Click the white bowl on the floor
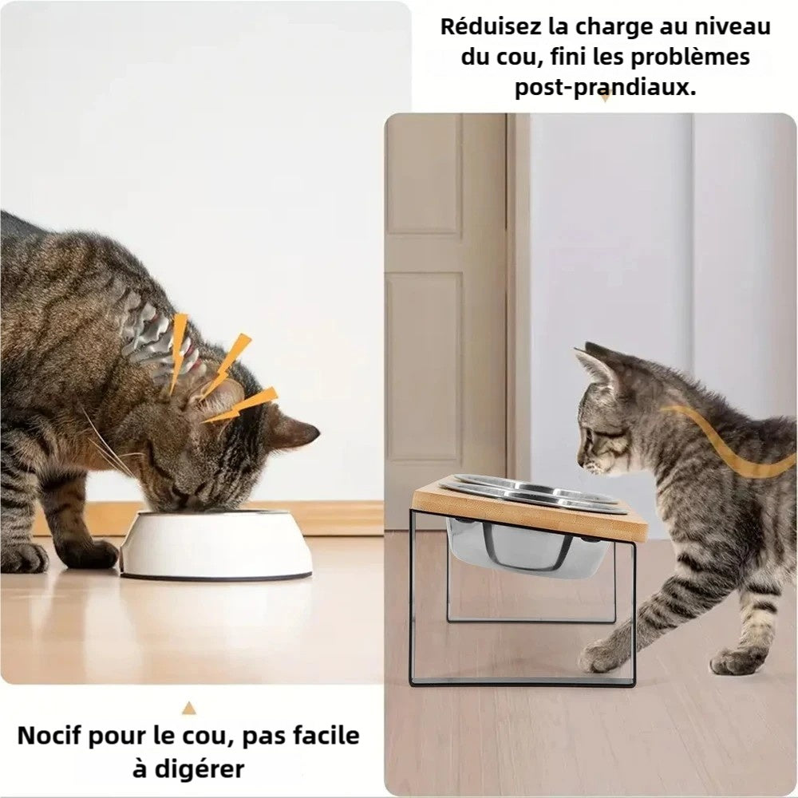pos(215,544)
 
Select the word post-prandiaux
pos(605,87)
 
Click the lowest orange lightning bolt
pos(240,405)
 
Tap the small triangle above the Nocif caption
pos(189,708)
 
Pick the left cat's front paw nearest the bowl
pos(92,554)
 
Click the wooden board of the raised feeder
pos(529,509)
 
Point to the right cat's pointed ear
pos(598,364)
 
